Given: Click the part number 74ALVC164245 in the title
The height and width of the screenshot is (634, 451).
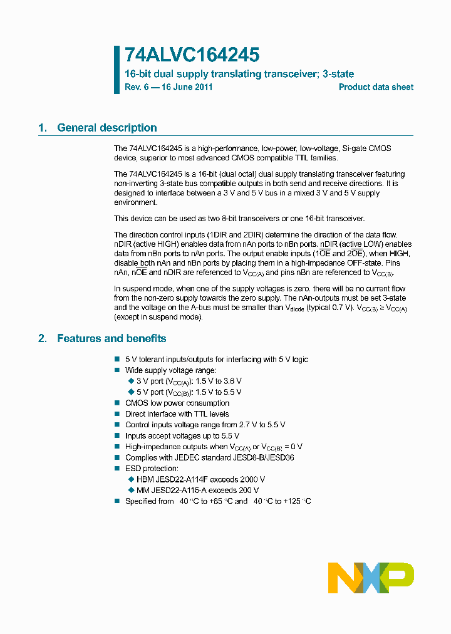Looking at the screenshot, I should pyautogui.click(x=192, y=55).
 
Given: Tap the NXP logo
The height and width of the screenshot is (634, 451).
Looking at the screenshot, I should pyautogui.click(x=371, y=578).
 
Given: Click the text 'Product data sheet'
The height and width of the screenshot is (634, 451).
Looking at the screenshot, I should pyautogui.click(x=376, y=87).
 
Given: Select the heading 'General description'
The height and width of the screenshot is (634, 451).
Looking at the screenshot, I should pyautogui.click(x=107, y=128).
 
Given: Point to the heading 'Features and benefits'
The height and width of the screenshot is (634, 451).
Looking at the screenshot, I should pyautogui.click(x=111, y=338).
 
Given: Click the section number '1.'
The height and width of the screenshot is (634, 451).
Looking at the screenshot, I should pyautogui.click(x=43, y=128).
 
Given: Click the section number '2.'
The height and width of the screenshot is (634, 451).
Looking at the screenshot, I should pyautogui.click(x=43, y=338).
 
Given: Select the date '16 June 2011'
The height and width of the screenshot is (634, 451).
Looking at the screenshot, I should pyautogui.click(x=187, y=87).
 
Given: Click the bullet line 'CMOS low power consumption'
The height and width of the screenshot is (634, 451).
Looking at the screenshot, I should pyautogui.click(x=177, y=403).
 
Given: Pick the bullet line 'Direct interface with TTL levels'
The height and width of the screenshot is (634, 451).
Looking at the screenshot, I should pyautogui.click(x=177, y=413).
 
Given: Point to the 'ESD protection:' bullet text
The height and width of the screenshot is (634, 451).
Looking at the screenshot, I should pyautogui.click(x=152, y=468).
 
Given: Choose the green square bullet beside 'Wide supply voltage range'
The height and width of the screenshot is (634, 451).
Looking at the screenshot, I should pyautogui.click(x=117, y=370).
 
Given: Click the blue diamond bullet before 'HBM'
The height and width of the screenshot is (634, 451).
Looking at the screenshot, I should pyautogui.click(x=131, y=479).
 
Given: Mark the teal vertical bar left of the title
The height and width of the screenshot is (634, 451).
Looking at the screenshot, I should pyautogui.click(x=117, y=69).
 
